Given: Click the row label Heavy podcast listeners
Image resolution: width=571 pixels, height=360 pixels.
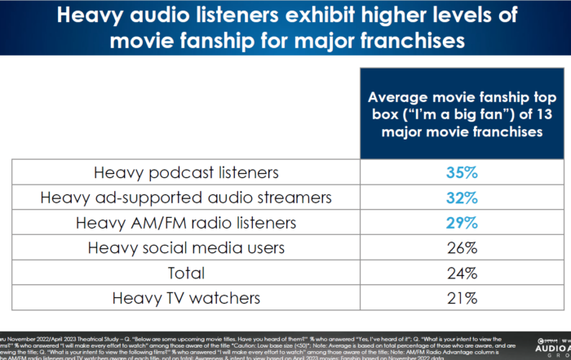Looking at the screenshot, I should coord(186,173).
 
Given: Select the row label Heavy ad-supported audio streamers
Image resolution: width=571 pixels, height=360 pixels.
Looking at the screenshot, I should coord(186,198).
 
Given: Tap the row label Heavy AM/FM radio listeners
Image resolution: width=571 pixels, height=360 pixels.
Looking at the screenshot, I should coord(186,223).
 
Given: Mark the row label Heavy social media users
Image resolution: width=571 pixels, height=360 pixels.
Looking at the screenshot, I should coord(186,247).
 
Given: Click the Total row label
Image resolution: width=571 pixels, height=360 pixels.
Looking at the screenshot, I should coord(186,273).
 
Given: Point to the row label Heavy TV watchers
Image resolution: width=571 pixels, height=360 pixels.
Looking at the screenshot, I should coord(186,298).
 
